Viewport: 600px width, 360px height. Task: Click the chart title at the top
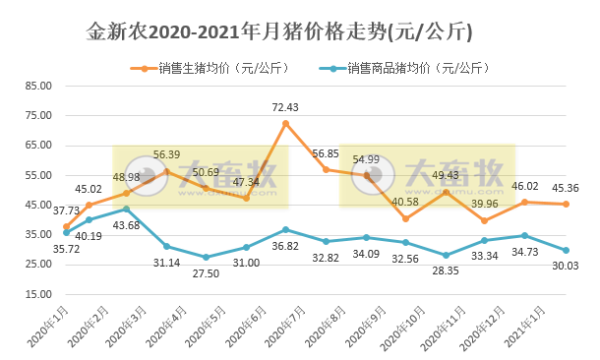click(x=279, y=31)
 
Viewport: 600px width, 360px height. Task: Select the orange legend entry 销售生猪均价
click(x=211, y=69)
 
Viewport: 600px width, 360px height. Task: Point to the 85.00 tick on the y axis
click(x=37, y=86)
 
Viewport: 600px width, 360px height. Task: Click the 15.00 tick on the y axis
click(x=37, y=294)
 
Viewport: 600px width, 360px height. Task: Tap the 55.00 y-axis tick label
click(x=37, y=175)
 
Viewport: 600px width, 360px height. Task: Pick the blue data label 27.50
click(x=206, y=271)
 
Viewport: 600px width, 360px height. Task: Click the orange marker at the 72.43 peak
click(x=285, y=124)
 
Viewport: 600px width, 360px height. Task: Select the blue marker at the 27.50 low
click(x=206, y=257)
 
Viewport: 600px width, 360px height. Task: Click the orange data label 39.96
click(x=485, y=204)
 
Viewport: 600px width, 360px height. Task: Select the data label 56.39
click(x=166, y=154)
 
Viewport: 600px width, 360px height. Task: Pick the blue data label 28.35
click(x=445, y=270)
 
